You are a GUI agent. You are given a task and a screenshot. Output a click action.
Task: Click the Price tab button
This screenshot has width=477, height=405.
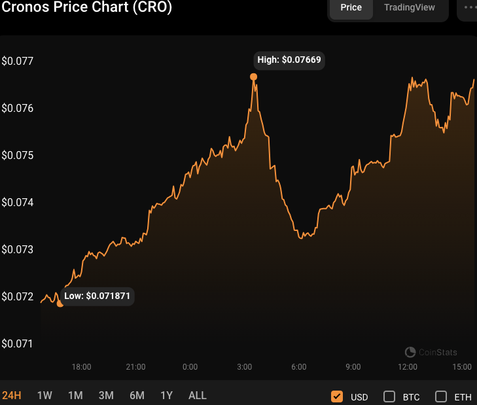pyautogui.click(x=351, y=8)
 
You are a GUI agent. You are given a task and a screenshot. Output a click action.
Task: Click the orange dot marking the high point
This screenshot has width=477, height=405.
pyautogui.click(x=254, y=77)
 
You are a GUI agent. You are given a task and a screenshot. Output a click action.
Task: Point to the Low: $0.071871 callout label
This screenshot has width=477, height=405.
pyautogui.click(x=97, y=296)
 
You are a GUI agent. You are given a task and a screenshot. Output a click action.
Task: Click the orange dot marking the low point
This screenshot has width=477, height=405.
pyautogui.click(x=60, y=304)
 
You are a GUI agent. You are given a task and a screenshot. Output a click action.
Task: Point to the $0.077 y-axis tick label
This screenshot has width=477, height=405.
pyautogui.click(x=18, y=61)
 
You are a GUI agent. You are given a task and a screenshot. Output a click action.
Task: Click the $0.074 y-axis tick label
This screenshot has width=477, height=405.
pyautogui.click(x=18, y=202)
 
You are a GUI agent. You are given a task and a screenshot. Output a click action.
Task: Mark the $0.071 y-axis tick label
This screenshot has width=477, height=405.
pyautogui.click(x=18, y=343)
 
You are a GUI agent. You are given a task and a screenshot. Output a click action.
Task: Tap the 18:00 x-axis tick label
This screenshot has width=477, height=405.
pyautogui.click(x=81, y=366)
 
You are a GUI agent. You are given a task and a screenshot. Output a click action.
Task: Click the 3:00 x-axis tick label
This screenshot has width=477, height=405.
pyautogui.click(x=245, y=366)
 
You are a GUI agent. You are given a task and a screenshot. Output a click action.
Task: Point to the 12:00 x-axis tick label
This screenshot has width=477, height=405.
pyautogui.click(x=408, y=366)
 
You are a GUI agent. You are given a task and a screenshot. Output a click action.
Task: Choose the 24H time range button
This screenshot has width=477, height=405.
pyautogui.click(x=12, y=395)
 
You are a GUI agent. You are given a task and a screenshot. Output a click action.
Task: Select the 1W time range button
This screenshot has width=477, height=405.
pyautogui.click(x=44, y=395)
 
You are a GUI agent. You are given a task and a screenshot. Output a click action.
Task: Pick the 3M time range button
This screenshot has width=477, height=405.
pyautogui.click(x=106, y=395)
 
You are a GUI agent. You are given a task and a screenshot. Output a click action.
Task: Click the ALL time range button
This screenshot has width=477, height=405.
pyautogui.click(x=197, y=395)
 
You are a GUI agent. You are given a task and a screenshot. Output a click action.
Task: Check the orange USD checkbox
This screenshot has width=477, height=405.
pyautogui.click(x=337, y=396)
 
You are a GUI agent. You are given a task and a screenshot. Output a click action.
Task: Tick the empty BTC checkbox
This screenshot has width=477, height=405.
pyautogui.click(x=389, y=396)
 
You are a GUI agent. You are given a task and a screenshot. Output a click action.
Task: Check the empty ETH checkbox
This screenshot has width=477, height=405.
pyautogui.click(x=441, y=396)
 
